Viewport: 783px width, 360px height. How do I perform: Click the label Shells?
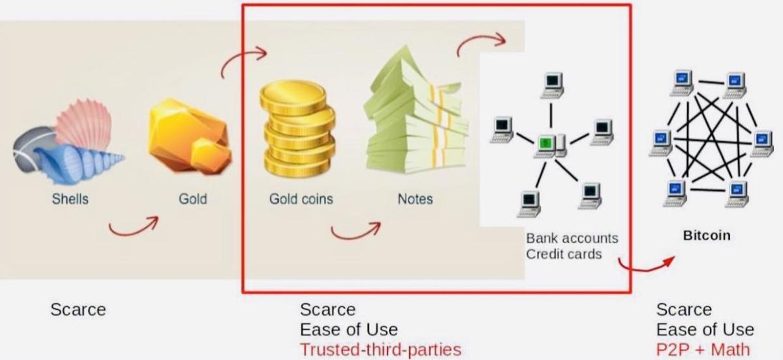70,199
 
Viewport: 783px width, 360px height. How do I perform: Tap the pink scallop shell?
84,123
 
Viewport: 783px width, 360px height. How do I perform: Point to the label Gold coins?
301,199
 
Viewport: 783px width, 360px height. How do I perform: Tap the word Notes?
415,199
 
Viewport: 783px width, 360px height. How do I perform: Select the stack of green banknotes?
416,112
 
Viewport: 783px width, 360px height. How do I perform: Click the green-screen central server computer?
550,145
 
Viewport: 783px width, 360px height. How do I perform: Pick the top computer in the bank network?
552,85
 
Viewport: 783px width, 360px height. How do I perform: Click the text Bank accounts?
572,238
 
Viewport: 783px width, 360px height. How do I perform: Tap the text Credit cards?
564,254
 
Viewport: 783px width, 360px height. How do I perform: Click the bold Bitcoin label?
707,235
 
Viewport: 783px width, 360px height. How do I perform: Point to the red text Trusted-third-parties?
380,350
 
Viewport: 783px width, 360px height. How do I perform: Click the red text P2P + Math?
703,350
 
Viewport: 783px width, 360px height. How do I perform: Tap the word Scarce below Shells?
78,310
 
